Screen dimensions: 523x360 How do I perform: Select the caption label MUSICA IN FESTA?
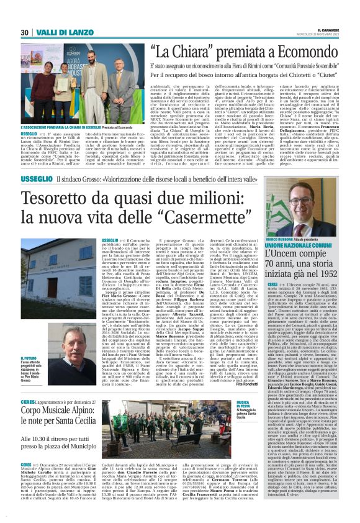245,404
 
